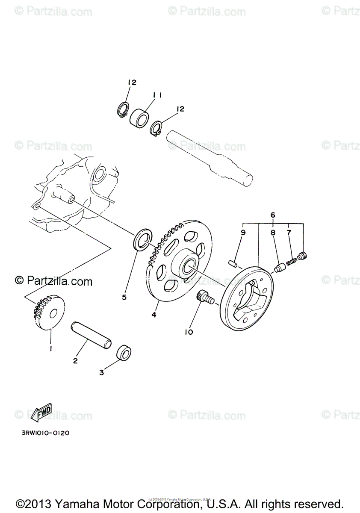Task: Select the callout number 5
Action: coord(124,297)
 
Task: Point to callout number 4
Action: coord(153,315)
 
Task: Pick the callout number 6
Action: coord(273,215)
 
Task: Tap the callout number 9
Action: coord(243,233)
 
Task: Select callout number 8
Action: coord(272,233)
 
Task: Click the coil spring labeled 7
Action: coord(292,260)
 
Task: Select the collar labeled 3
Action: coord(124,353)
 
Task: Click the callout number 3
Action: coord(101,372)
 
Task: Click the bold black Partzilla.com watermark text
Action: coord(53,281)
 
